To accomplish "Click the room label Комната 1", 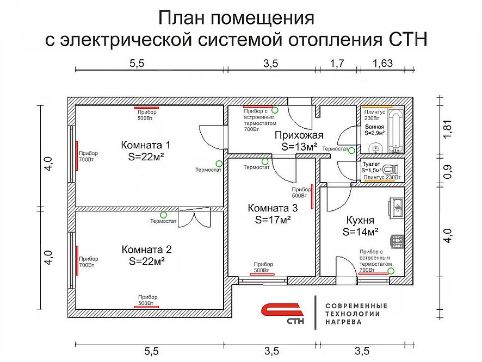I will (x=145, y=145).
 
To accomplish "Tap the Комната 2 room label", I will (x=146, y=249).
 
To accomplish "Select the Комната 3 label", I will (x=273, y=208).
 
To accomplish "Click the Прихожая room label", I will (x=299, y=135).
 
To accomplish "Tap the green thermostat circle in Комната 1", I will (x=219, y=163).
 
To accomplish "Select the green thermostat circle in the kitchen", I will (x=391, y=270).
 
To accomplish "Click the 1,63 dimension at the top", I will (x=382, y=64).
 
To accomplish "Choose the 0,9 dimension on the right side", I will (x=447, y=171).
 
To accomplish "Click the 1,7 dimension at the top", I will (x=337, y=64).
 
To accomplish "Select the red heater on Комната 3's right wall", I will (x=312, y=196).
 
